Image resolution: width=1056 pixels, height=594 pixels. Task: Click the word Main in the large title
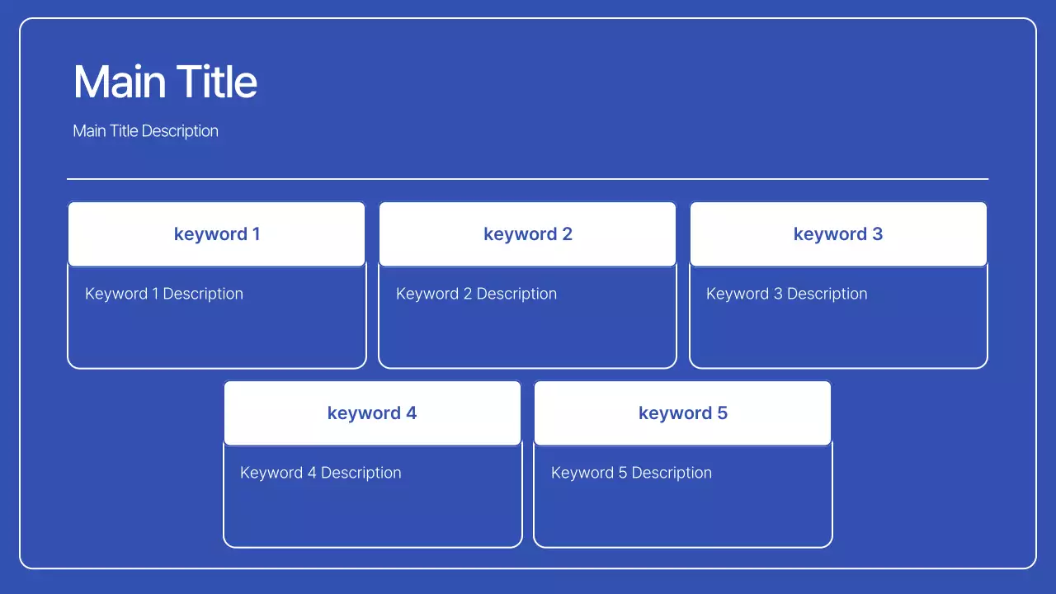point(120,82)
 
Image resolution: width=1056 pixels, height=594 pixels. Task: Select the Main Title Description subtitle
point(146,131)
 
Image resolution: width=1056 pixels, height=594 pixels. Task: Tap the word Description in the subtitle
point(180,131)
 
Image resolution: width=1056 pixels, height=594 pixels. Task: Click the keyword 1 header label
point(217,234)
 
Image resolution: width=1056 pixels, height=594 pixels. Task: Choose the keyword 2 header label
point(527,234)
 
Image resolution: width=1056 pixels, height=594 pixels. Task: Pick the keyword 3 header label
point(838,234)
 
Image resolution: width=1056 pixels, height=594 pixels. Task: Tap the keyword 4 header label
point(372,413)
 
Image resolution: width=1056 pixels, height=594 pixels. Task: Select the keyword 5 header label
point(683,413)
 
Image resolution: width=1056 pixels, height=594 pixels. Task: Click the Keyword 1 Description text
point(164,294)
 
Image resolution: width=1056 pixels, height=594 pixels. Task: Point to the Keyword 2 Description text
point(476,294)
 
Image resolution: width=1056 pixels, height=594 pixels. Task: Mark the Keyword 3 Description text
point(787,294)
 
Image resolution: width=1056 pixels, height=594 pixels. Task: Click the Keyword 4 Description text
point(321,473)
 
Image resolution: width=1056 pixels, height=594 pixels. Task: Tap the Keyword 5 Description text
point(631,473)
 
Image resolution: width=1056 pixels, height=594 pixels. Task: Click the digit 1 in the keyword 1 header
point(257,233)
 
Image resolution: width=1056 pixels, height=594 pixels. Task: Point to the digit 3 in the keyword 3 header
point(877,233)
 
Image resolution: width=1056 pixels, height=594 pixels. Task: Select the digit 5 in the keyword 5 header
point(722,413)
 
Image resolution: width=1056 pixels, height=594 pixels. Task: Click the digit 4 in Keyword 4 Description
point(312,473)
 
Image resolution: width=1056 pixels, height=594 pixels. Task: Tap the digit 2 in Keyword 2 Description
point(468,293)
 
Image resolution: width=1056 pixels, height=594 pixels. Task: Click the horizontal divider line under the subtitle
point(527,179)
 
